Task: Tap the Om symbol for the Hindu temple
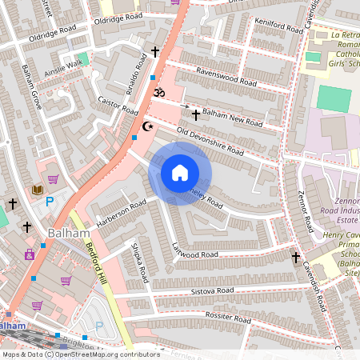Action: point(158,94)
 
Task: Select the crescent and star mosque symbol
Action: point(146,126)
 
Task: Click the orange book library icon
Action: point(37,190)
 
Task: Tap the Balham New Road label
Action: point(231,113)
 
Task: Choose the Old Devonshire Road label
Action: point(210,141)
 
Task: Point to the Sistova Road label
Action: point(211,290)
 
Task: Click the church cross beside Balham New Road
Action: point(195,115)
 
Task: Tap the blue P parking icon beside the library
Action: point(50,201)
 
